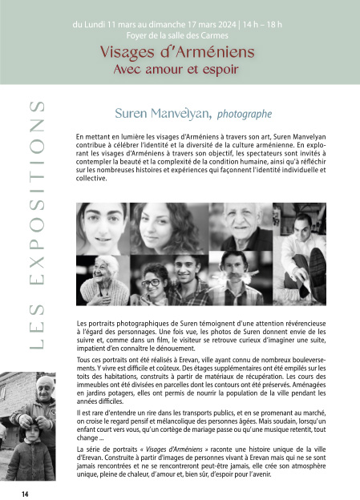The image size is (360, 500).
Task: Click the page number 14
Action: pos(26,492)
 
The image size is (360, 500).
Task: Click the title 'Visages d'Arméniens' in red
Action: pos(177,52)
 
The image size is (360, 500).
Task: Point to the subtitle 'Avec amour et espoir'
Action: pos(177,68)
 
